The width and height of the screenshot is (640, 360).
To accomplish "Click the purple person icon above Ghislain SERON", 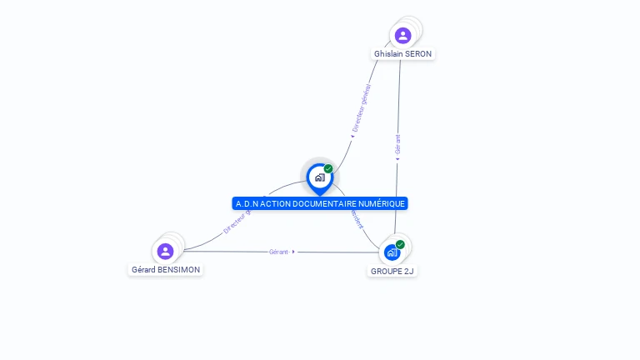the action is [403, 36].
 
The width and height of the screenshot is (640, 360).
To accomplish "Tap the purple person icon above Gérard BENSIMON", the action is [165, 251].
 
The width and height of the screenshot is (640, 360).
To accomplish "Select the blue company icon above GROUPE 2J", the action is [392, 252].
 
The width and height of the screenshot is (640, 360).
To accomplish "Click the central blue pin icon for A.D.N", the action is [319, 177].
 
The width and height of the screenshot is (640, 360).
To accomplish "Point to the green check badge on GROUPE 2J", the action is [400, 244].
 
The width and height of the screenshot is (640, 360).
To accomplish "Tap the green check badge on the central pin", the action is [328, 168].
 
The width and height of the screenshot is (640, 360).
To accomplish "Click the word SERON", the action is [418, 54].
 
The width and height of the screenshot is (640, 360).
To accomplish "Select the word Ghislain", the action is [388, 54].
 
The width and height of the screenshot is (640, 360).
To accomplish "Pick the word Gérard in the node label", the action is [143, 270].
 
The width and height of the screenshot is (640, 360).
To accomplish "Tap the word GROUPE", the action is [385, 271].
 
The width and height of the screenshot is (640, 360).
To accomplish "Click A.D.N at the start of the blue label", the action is [247, 204].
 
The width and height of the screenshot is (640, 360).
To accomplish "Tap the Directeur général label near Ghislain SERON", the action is [362, 108].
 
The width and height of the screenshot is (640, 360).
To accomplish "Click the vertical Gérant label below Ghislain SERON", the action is [397, 144].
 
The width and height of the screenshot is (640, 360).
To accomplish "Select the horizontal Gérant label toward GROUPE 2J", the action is [278, 252].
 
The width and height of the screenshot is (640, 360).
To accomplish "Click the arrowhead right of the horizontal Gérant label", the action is [294, 252].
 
